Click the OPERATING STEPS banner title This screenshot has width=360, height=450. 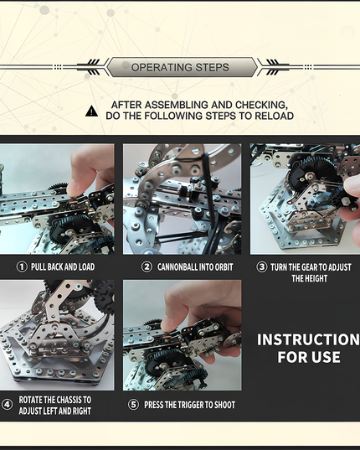[180, 67]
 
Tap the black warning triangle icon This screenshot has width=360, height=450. [91, 110]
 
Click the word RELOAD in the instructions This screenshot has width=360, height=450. [274, 116]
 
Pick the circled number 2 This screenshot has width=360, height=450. [147, 266]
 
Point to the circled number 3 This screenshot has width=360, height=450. [262, 266]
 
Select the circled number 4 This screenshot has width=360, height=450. [8, 404]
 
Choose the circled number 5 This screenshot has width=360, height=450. [134, 405]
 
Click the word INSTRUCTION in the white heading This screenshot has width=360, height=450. [308, 339]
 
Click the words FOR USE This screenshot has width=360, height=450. [308, 358]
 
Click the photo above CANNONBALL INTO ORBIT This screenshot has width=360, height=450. [182, 199]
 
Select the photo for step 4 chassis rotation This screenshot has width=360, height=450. [57, 335]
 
